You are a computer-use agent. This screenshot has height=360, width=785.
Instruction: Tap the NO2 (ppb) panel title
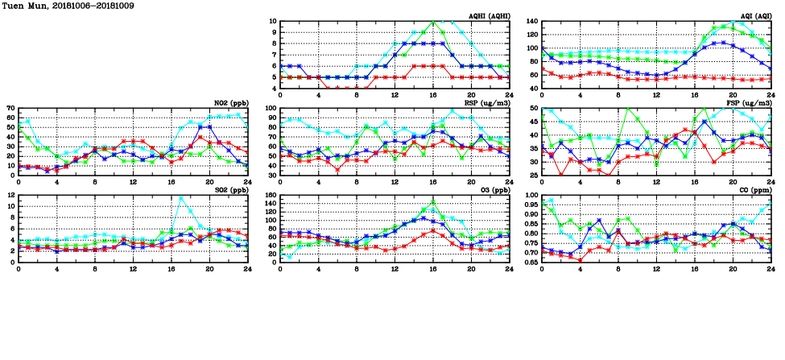(x=231, y=103)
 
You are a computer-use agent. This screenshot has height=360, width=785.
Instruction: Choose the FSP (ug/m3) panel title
(x=750, y=103)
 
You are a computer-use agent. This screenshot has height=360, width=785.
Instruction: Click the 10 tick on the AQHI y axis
(x=272, y=22)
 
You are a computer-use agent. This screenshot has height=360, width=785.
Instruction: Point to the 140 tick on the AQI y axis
(x=531, y=22)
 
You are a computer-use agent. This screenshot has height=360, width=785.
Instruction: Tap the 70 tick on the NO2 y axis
(x=10, y=109)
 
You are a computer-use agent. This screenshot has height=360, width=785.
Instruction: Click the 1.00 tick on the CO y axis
(x=530, y=196)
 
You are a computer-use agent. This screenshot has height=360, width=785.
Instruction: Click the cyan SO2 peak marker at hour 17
(x=181, y=198)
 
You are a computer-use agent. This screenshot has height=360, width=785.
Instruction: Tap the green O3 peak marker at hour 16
(x=434, y=202)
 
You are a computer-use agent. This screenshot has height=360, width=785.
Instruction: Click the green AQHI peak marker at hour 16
(x=434, y=22)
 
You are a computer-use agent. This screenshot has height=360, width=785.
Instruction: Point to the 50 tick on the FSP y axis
(x=533, y=109)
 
